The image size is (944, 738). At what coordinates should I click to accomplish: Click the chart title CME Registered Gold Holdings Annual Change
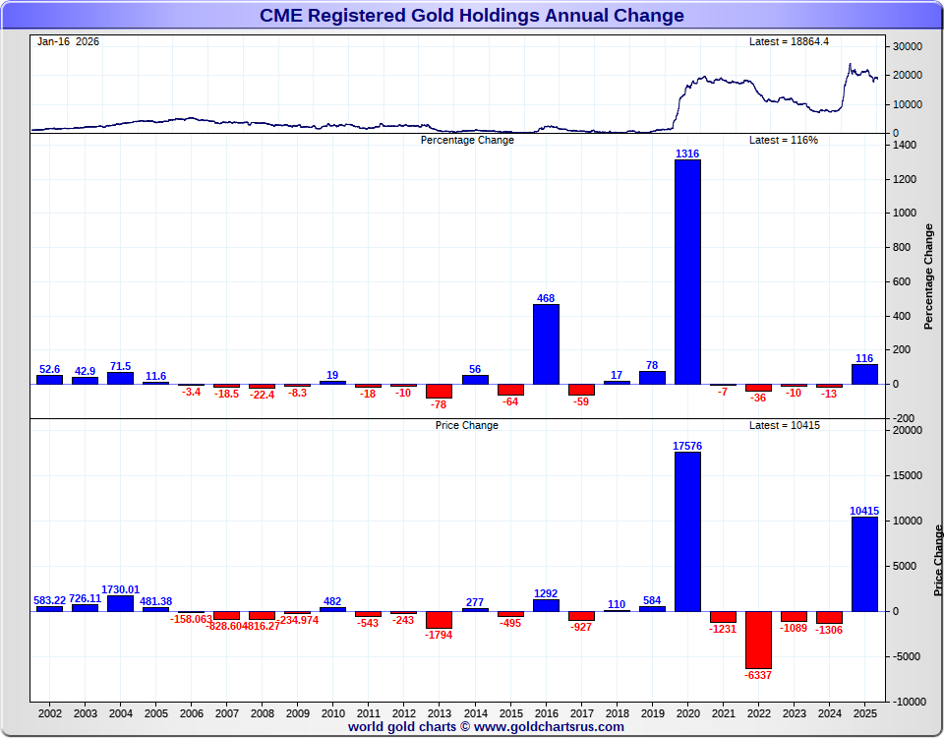(472, 16)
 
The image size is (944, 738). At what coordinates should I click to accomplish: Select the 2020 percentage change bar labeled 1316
(687, 272)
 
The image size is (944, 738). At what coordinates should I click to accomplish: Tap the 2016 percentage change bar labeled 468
(546, 343)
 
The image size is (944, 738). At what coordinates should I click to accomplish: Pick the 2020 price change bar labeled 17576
(687, 531)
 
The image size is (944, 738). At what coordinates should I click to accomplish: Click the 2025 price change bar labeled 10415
(864, 564)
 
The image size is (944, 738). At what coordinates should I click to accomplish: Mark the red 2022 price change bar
(758, 640)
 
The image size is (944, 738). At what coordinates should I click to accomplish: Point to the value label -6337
(758, 676)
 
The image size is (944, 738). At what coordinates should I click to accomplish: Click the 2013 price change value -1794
(440, 636)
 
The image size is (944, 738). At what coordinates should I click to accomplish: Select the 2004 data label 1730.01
(121, 589)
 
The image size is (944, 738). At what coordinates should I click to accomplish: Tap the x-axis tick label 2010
(333, 712)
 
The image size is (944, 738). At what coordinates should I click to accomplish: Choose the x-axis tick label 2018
(617, 712)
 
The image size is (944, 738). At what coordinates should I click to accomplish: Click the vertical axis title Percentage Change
(928, 276)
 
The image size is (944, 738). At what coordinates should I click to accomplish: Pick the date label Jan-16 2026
(68, 42)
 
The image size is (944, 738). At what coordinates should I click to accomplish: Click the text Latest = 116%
(784, 140)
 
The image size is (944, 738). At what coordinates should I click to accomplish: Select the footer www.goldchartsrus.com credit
(486, 727)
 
